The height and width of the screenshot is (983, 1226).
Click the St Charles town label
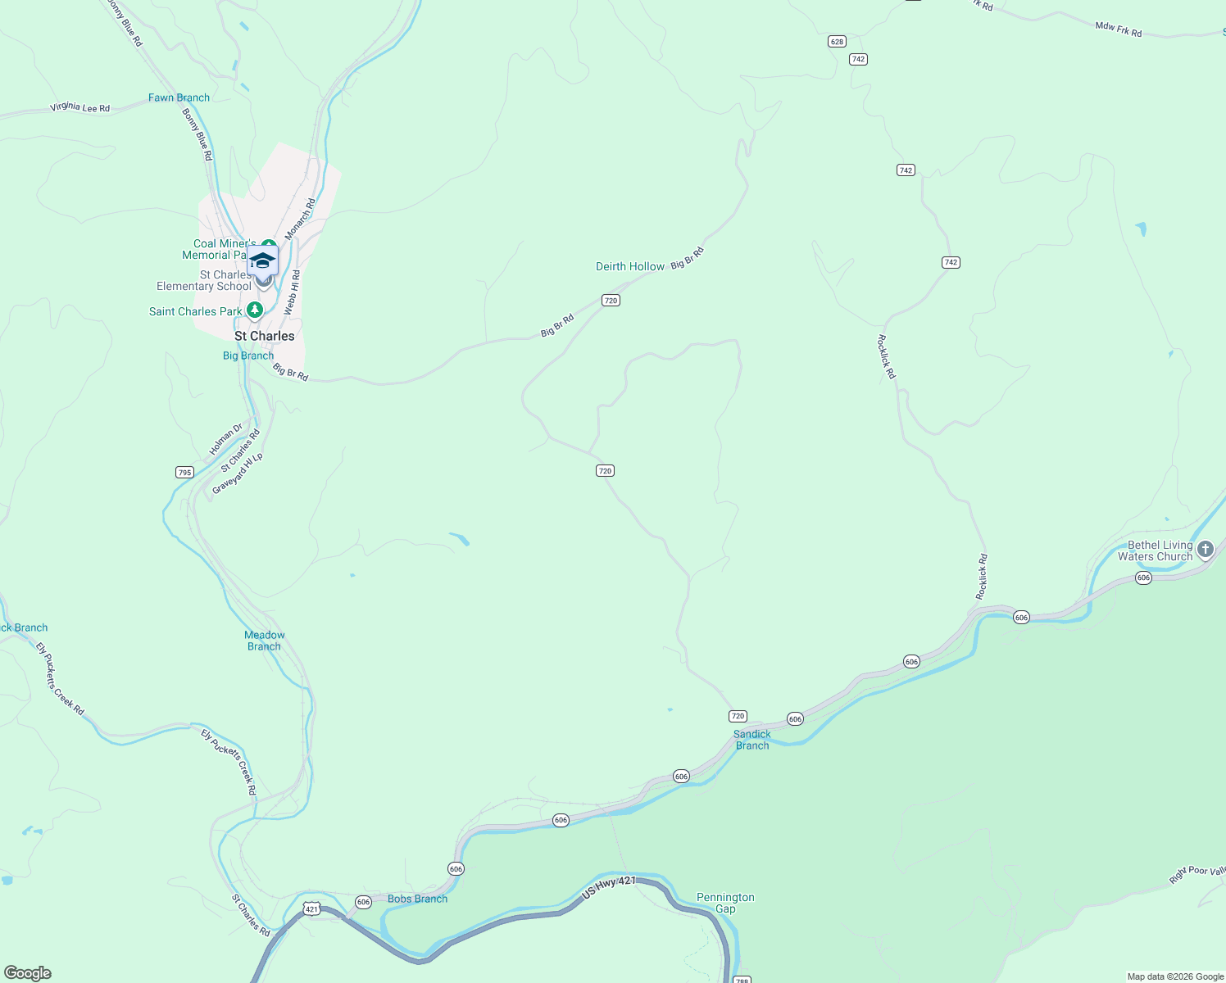pos(264,336)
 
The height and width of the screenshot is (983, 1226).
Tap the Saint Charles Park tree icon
pos(255,310)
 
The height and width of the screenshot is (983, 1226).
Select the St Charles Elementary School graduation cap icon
pos(262,260)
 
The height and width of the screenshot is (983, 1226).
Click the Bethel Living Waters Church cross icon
pos(1205,550)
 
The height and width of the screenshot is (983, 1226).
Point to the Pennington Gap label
pos(725,903)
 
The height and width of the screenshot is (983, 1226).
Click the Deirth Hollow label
pos(629,266)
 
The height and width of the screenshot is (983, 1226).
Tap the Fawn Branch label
pos(179,97)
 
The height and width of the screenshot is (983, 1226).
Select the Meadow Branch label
pos(264,641)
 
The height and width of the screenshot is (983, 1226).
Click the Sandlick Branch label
pos(752,740)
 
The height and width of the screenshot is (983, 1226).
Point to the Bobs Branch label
pos(417,899)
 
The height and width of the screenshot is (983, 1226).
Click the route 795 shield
pos(184,472)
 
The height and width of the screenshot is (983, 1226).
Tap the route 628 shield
pos(836,42)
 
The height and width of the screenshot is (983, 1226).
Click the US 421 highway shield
pos(311,908)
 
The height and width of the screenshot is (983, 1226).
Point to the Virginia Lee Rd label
pos(79,107)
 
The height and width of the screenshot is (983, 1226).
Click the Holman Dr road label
pos(225,439)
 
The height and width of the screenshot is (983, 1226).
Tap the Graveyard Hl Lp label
pos(238,473)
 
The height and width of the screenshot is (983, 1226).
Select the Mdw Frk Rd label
pos(1118,29)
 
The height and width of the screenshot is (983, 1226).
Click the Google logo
pos(28,973)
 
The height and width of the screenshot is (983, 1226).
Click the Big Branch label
pos(248,356)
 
